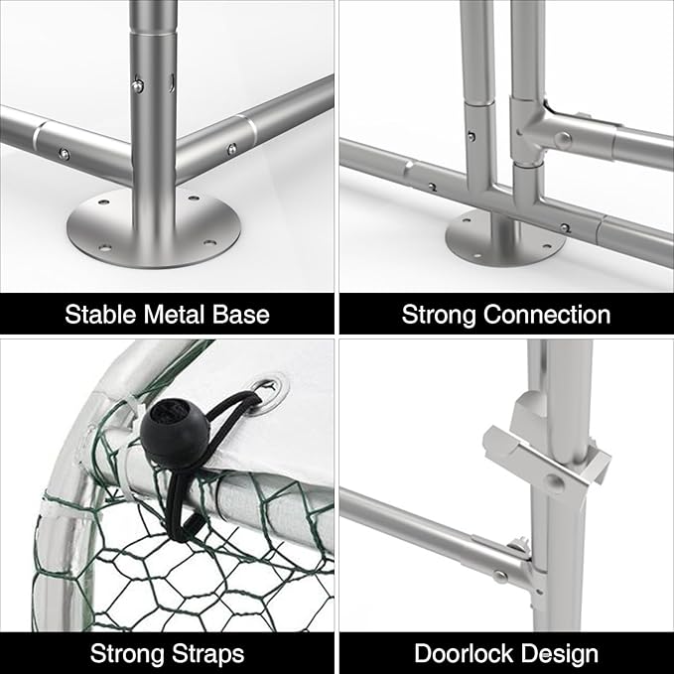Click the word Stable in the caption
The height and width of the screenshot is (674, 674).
pyautogui.click(x=100, y=315)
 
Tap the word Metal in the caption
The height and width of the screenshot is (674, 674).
pyautogui.click(x=174, y=315)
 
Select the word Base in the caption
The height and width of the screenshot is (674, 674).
pyautogui.click(x=240, y=315)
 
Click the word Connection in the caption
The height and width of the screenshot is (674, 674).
pyautogui.click(x=547, y=315)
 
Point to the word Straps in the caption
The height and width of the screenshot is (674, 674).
pyautogui.click(x=208, y=654)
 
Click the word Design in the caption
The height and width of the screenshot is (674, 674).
pyautogui.click(x=566, y=655)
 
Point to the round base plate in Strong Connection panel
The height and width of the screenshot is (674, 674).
pyautogui.click(x=505, y=238)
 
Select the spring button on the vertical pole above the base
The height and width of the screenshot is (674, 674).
pyautogui.click(x=138, y=85)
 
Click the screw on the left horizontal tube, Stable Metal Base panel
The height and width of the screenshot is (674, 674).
pyautogui.click(x=65, y=153)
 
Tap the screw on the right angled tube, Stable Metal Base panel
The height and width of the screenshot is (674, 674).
pyautogui.click(x=231, y=149)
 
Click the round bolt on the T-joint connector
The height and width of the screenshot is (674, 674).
pyautogui.click(x=563, y=139)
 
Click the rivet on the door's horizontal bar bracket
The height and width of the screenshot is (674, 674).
pyautogui.click(x=500, y=576)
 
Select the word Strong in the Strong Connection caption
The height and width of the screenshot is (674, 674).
pyautogui.click(x=439, y=315)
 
